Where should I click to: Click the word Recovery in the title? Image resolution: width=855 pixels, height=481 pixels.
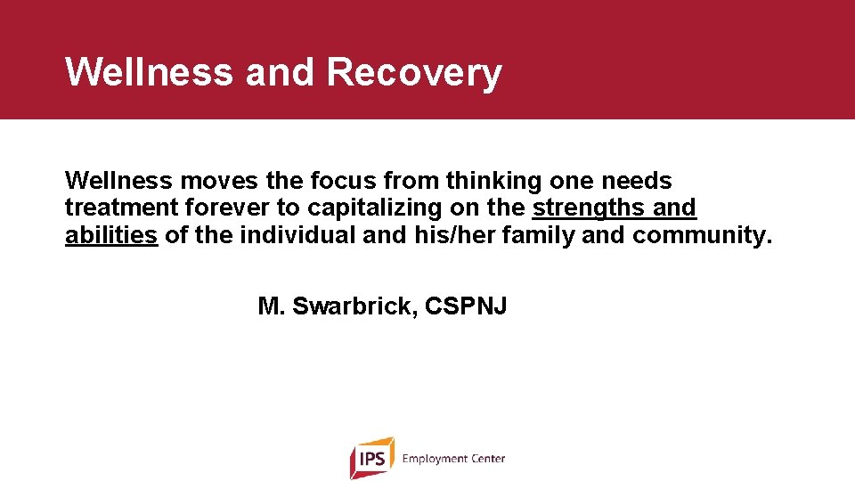click(x=414, y=72)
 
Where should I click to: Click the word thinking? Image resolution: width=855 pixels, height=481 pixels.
click(x=493, y=181)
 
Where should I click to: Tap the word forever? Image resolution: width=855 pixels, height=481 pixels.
click(x=216, y=208)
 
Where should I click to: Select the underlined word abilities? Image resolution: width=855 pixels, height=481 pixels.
click(x=111, y=236)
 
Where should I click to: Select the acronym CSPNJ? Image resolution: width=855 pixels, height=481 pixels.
click(x=466, y=307)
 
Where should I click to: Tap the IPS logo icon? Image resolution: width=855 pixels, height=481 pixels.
click(x=370, y=458)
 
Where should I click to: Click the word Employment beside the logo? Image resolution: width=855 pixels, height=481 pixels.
click(x=435, y=459)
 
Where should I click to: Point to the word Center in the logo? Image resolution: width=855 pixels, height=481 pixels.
click(x=487, y=459)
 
